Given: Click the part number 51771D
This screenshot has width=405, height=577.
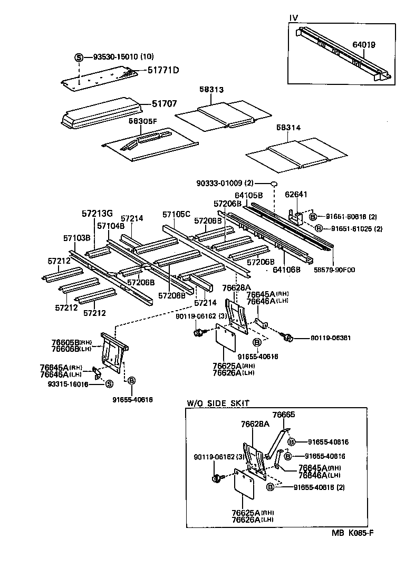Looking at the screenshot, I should point(163,70).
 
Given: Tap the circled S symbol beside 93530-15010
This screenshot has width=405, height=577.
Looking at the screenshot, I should point(79,56).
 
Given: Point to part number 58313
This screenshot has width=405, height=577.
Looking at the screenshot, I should point(211,90).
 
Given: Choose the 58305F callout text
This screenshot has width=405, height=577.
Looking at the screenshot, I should point(143,121).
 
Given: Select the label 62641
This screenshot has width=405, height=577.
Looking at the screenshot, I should point(296,194).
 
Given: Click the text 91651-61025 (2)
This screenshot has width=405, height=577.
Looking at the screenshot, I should point(356,228).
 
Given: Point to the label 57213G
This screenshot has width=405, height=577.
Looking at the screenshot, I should point(97,214).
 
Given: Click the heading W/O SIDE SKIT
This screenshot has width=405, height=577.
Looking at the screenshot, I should point(218,403).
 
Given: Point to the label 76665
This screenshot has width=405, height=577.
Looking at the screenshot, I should point(283,415).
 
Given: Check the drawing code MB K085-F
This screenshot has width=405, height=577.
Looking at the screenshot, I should point(353,532).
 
